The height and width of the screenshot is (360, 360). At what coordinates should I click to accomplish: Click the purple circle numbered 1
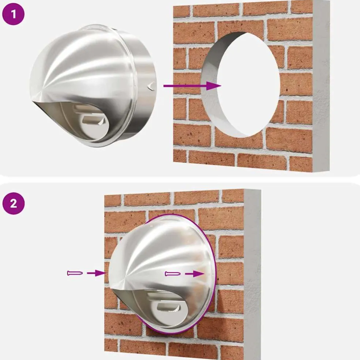coord(13,14)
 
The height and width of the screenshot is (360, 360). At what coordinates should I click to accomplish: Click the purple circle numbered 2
coord(13,203)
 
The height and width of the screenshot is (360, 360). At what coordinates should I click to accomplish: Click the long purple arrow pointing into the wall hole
coord(192,86)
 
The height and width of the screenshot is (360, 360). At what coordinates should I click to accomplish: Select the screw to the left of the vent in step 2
coord(75,273)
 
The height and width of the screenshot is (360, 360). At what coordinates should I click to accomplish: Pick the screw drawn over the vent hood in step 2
coord(173,274)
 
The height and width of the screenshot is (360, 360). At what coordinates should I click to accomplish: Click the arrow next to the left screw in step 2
coord(96,273)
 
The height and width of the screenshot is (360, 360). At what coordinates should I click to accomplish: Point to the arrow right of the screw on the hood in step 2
coord(195,274)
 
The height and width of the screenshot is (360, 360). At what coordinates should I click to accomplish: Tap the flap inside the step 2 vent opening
coord(167,307)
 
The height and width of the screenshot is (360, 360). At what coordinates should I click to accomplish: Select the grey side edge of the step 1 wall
coord(321,85)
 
